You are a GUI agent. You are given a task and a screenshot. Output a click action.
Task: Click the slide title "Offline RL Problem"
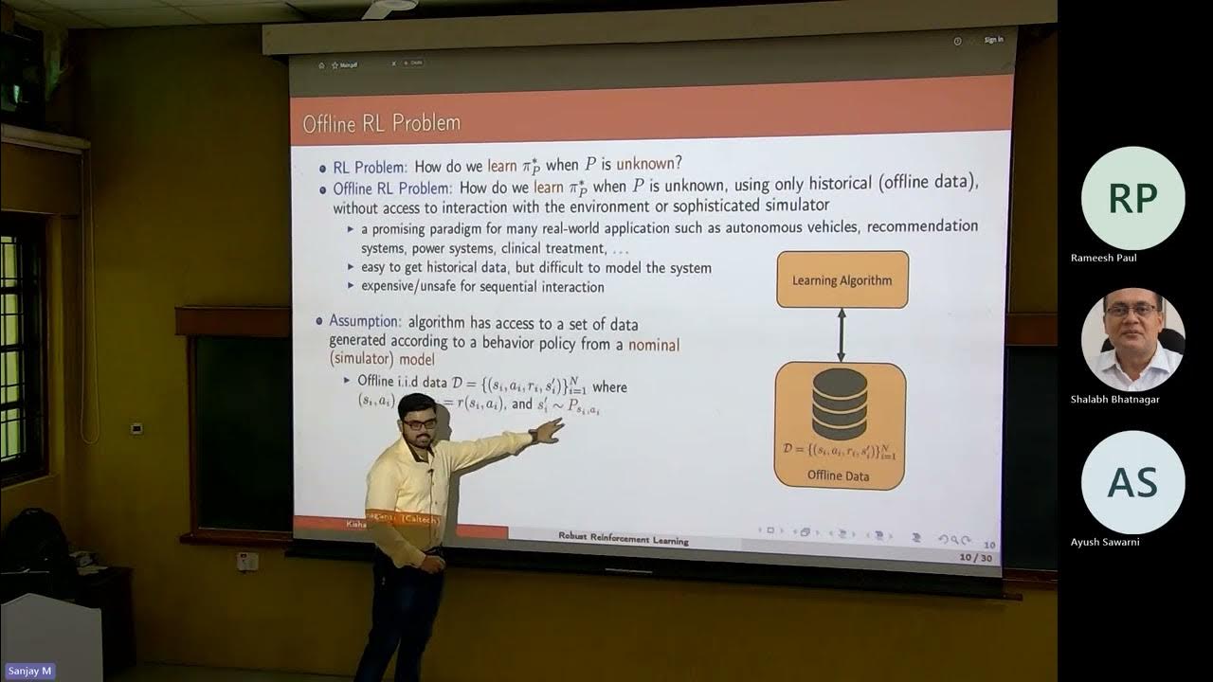point(381,123)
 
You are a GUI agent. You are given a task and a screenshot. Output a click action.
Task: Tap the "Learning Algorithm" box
point(842,279)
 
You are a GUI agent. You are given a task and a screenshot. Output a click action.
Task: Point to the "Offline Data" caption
point(838,476)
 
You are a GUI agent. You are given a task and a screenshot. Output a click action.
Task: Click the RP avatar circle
point(1132,198)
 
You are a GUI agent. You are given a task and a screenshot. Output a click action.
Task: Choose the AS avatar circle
point(1132,482)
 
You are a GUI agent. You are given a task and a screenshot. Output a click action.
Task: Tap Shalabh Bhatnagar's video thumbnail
point(1132,339)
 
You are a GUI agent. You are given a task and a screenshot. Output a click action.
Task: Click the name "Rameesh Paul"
point(1103,258)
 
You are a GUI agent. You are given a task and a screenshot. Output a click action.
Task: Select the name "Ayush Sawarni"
point(1105,542)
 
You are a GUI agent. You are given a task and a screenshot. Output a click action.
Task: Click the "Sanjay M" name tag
point(28,671)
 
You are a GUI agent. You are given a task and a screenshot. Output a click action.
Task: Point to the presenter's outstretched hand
point(547,431)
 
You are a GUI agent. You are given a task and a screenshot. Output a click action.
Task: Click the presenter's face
point(417,420)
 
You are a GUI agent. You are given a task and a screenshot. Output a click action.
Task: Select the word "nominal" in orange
point(653,344)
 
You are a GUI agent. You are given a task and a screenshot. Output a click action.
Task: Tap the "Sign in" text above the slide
point(993,40)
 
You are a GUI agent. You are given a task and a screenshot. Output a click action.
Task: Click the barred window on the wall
point(21,350)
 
